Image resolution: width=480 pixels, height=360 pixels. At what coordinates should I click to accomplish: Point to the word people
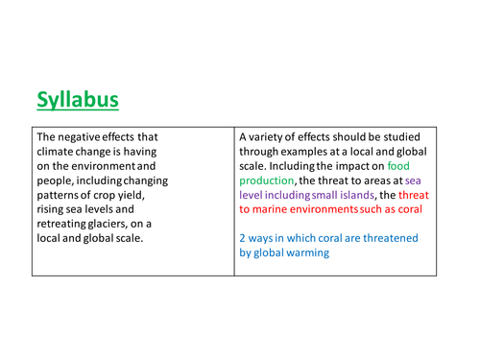pos(57,180)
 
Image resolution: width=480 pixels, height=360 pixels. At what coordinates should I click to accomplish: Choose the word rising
pos(53,208)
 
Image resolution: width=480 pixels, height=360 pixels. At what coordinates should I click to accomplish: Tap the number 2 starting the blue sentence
pos(243,237)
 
